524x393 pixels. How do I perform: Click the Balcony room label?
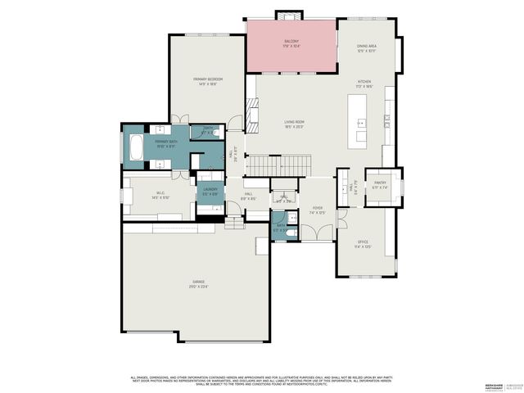click(x=291, y=43)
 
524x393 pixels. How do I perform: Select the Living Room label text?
click(x=293, y=124)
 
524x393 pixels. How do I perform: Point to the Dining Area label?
click(x=366, y=48)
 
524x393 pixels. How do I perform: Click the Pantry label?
click(x=380, y=185)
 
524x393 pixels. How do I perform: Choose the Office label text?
click(x=363, y=244)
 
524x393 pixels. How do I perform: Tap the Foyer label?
click(x=318, y=210)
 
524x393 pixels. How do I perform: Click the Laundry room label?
click(x=210, y=192)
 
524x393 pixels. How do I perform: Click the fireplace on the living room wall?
click(x=253, y=110)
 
